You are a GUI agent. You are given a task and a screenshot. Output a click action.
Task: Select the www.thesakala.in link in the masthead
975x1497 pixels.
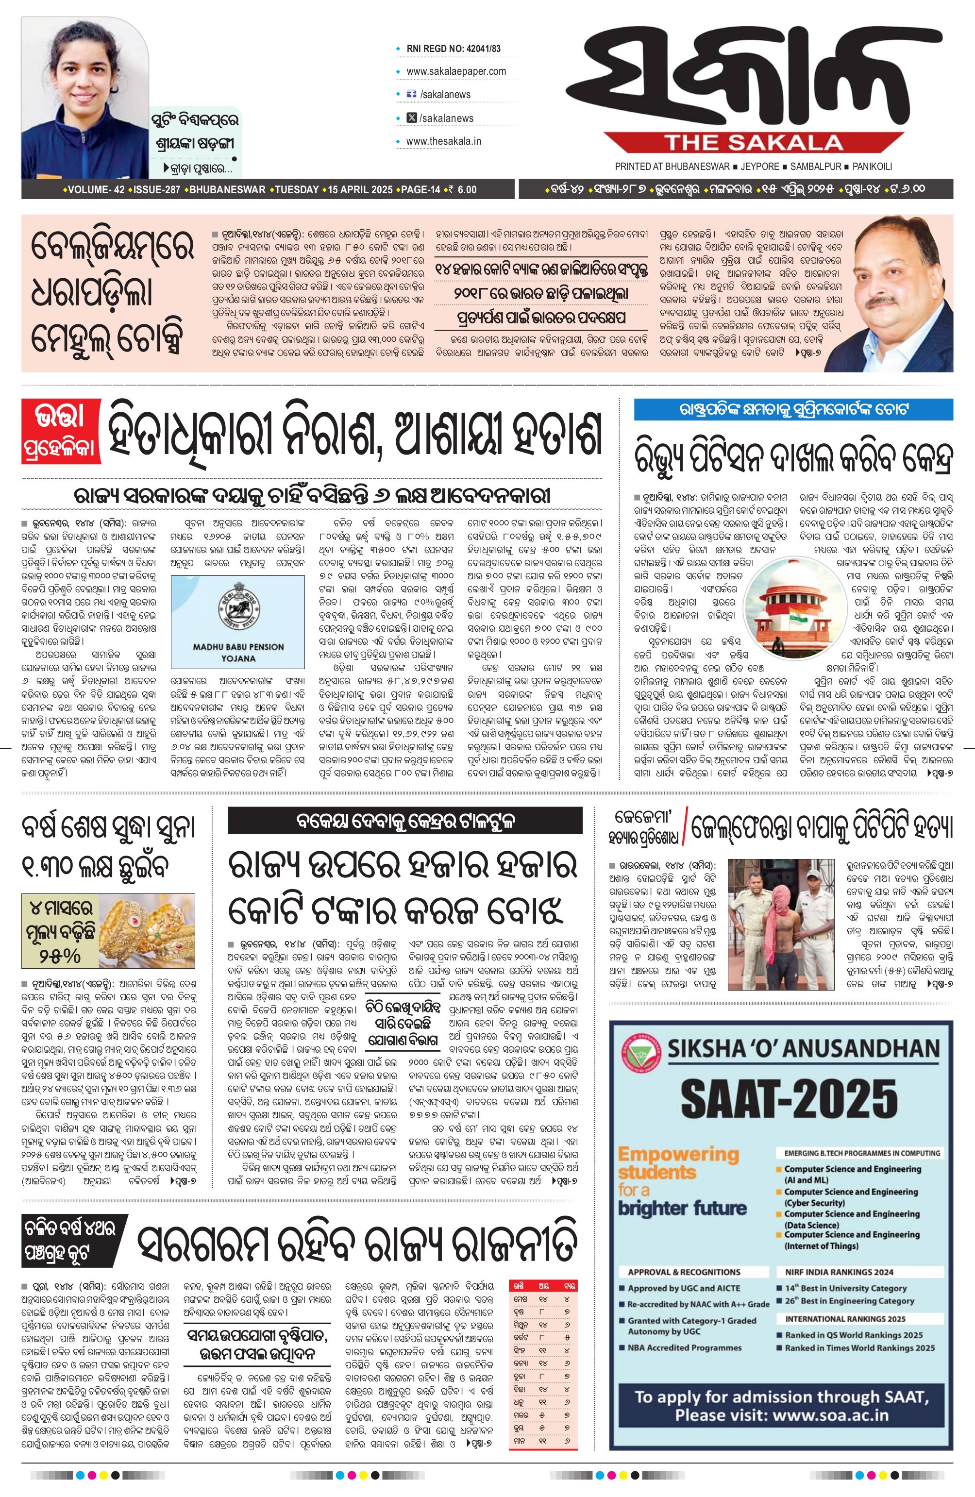(443, 141)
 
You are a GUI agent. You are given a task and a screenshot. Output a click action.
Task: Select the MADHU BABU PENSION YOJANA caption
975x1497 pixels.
(238, 652)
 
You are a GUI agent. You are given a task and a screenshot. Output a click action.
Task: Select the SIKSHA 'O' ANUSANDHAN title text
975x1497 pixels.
(803, 1048)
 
